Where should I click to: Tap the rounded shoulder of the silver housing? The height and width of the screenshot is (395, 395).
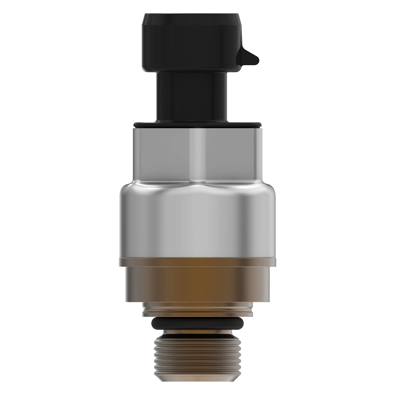pos(197,189)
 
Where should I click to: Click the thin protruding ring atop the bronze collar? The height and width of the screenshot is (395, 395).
pos(197,263)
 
